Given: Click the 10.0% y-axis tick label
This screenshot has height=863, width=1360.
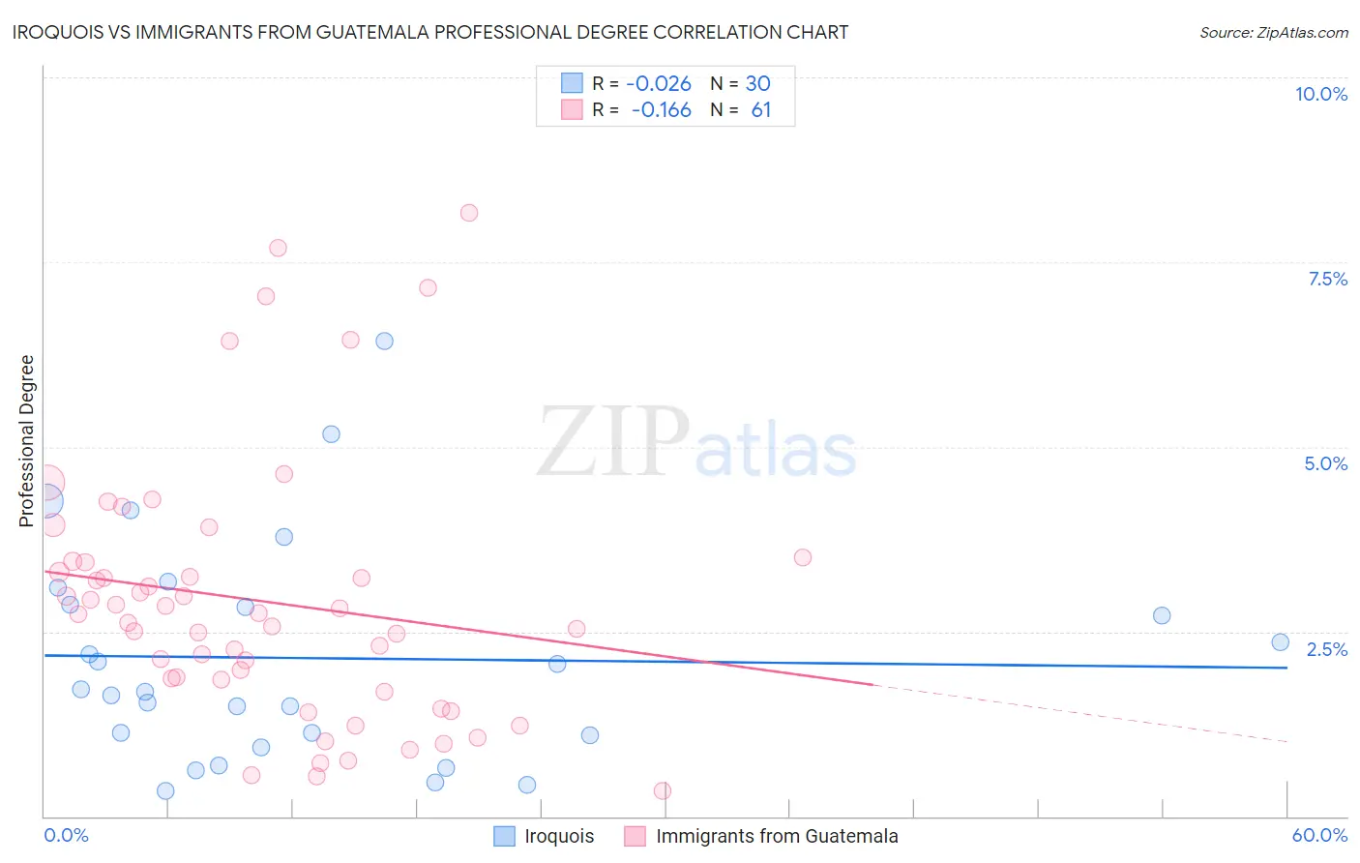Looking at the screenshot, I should tap(1321, 94).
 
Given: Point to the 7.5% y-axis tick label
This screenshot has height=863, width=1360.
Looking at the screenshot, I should tap(1327, 279).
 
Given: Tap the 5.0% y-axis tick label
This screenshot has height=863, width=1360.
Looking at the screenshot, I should tap(1325, 463).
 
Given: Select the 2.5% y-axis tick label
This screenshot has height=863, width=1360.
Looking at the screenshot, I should tap(1326, 649).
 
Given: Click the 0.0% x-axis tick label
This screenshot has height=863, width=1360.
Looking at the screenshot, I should tap(66, 835).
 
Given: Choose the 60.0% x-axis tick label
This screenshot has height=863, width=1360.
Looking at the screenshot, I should tap(1318, 835).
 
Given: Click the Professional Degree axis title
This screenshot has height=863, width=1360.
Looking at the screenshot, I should tap(27, 441).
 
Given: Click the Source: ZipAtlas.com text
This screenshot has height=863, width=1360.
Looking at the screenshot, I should tap(1273, 32).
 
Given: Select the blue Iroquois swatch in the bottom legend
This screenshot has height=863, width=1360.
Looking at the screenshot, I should tap(504, 836).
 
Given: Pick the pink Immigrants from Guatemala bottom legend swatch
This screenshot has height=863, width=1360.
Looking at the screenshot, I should tap(635, 836).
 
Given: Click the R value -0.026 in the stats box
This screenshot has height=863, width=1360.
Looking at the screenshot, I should tap(659, 84).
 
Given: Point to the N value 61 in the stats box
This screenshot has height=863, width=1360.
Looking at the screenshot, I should tap(761, 110).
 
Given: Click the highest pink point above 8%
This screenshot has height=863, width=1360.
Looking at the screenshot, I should tap(469, 213).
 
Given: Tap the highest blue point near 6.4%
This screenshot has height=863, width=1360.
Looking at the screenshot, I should tap(384, 341).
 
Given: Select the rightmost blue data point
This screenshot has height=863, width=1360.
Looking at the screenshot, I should tap(1280, 642).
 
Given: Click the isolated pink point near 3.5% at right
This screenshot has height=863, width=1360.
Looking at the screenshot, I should tap(802, 557).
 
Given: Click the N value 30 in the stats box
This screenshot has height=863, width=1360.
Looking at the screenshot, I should tap(757, 84).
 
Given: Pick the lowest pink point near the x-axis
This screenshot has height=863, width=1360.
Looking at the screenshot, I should tap(663, 790).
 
